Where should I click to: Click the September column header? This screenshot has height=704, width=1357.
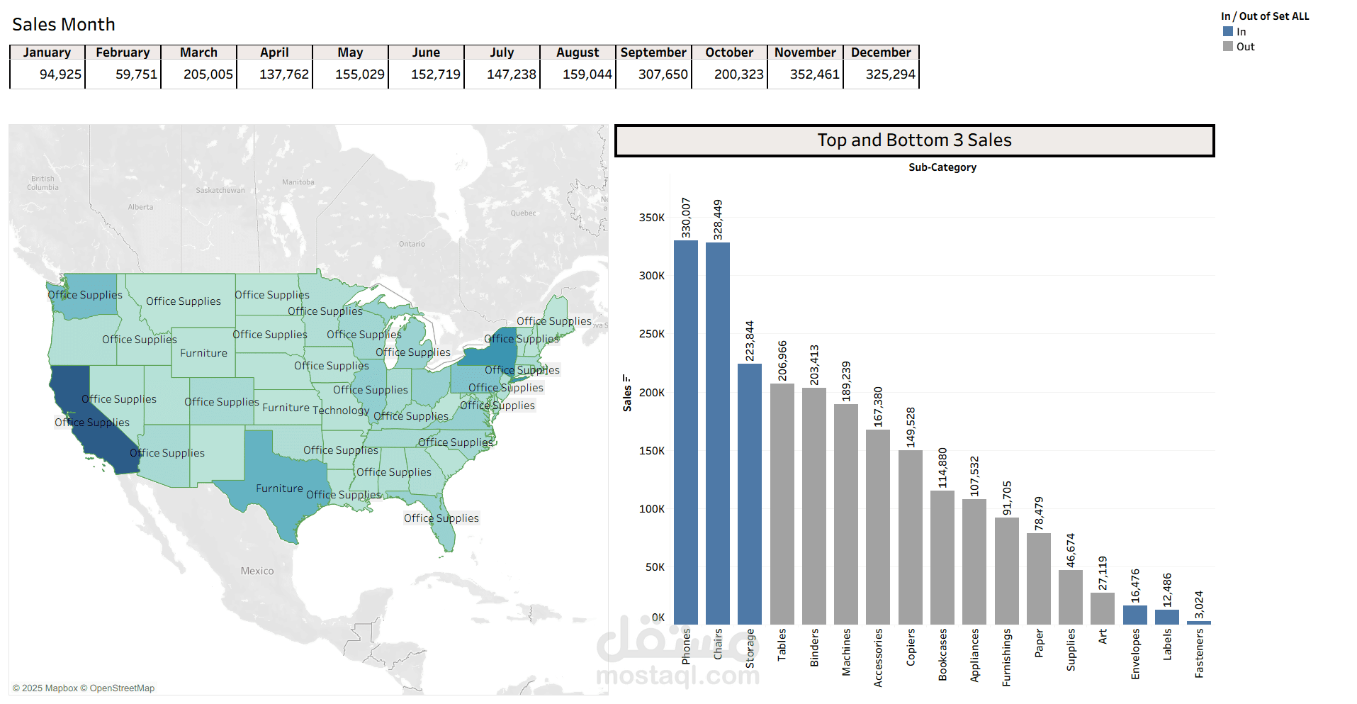[653, 52]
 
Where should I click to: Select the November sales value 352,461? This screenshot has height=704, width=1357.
[814, 74]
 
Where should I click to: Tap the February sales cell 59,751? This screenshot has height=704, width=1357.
[136, 74]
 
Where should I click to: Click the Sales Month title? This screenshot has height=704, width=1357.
[64, 25]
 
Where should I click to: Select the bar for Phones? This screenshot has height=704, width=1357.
[685, 432]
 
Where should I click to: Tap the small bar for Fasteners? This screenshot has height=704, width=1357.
[1199, 622]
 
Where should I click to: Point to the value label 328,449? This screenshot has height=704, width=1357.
[718, 219]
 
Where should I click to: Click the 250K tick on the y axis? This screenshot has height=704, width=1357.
[651, 334]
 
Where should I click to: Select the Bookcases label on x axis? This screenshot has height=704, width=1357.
[942, 654]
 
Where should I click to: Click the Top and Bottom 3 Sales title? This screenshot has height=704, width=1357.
[914, 140]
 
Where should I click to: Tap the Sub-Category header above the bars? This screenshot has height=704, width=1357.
[942, 167]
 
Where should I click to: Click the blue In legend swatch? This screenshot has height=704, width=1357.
[1228, 31]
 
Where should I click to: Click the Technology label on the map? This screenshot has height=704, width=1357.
[341, 410]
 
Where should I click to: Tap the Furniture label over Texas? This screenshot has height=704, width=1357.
[279, 488]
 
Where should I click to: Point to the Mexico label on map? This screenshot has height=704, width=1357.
[257, 571]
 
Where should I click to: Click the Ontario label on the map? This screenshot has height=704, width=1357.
[412, 244]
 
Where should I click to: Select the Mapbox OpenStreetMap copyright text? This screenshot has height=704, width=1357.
[84, 688]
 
